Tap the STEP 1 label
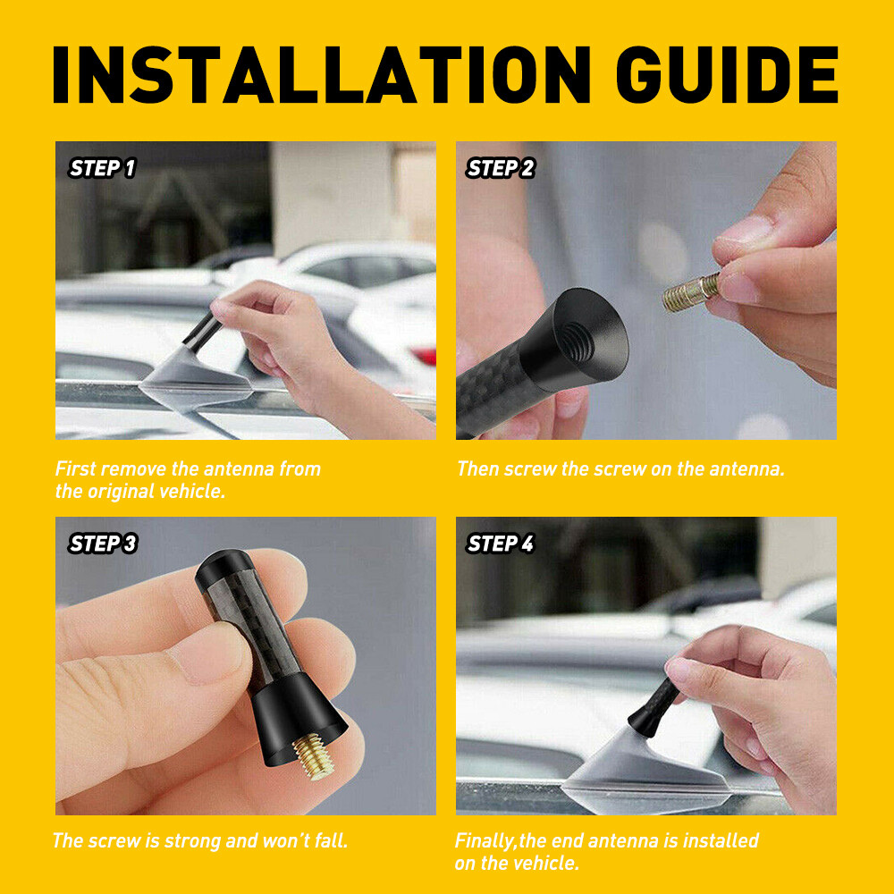coord(102,168)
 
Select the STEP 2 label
coord(501,168)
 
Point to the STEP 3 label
coord(102,544)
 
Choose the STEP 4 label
coord(501,544)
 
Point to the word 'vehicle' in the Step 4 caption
coord(545,864)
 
